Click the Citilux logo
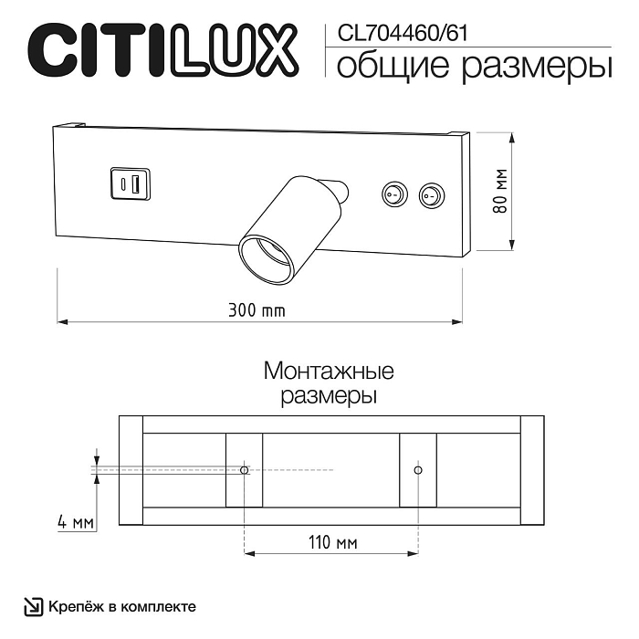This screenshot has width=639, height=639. tap(163, 50)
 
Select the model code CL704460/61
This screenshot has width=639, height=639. tap(403, 33)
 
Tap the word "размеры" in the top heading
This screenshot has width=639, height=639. tap(537, 68)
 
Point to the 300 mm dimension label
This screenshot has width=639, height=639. tap(257, 310)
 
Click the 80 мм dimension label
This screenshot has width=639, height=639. tap(500, 191)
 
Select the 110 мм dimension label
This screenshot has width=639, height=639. tap(332, 542)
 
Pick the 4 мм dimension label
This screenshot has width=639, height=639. tap(76, 522)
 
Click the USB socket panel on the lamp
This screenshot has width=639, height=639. tap(130, 183)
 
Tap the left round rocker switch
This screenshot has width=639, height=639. tap(394, 194)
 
